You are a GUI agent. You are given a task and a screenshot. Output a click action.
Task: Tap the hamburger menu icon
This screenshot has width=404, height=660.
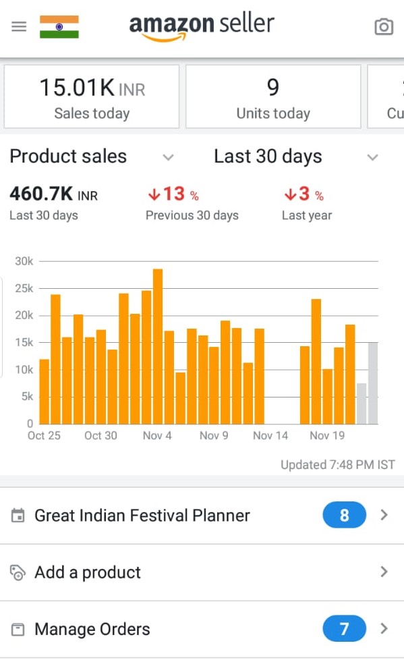coord(19,26)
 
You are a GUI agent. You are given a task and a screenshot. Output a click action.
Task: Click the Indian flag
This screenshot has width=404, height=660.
coord(59,27)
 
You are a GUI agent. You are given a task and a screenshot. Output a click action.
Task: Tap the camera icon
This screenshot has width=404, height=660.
coord(384,27)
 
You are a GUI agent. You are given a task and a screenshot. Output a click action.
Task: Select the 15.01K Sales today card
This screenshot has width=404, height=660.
coord(92,97)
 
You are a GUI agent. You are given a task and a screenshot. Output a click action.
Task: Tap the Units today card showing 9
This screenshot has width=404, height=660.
coord(273,97)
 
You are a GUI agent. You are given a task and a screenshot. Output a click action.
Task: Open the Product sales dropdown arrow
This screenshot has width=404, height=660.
coord(169,157)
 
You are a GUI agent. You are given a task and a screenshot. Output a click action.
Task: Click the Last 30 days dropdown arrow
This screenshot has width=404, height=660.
coord(372,157)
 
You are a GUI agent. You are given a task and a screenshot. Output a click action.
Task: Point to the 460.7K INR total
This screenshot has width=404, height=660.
coord(54,194)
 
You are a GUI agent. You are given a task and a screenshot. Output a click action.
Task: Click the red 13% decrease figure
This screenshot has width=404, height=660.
coord(173,194)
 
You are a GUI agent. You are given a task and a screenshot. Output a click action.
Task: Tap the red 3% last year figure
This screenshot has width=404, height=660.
coord(304,194)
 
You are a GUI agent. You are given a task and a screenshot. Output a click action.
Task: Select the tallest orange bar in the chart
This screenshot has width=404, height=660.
coord(158,346)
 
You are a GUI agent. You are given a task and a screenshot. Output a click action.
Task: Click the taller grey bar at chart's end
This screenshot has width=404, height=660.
coord(373,383)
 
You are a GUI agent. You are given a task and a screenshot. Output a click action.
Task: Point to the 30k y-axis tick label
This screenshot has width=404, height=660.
coord(24,261)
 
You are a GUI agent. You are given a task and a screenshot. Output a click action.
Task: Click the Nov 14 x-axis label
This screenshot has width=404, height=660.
coord(270,436)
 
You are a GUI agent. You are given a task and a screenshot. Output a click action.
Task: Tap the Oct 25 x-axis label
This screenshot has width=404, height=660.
coord(45,436)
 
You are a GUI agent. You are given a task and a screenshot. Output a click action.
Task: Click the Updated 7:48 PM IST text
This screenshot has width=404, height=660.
coord(338,465)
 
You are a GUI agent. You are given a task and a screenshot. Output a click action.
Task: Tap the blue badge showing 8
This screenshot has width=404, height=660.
coord(344,515)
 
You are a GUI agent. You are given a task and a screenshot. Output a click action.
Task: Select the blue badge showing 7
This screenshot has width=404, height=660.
coord(344,629)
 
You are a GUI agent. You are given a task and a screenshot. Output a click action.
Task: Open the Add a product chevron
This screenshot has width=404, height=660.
coord(384,572)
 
